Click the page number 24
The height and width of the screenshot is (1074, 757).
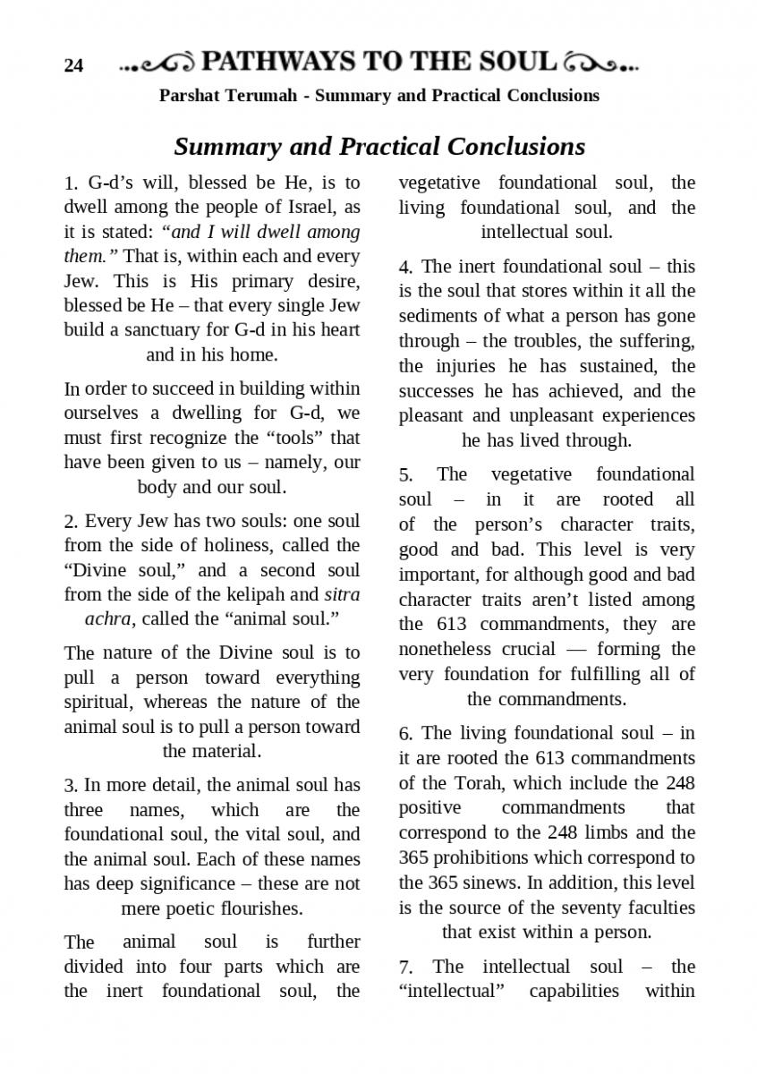point(73,65)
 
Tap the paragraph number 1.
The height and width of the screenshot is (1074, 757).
point(70,184)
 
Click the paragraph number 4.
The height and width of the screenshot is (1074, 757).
point(404,267)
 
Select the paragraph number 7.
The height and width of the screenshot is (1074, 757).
point(404,967)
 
